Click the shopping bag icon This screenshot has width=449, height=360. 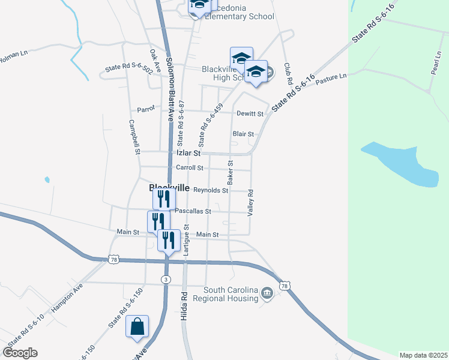[137, 327]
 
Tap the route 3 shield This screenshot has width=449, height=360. [166, 280]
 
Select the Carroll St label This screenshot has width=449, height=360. [190, 168]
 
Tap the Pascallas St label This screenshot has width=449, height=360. [193, 211]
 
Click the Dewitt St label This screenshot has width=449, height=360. [250, 113]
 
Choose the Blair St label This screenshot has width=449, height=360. [243, 134]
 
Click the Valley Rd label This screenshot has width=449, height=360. [252, 203]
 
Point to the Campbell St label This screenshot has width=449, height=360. [135, 134]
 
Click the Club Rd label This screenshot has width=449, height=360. [288, 73]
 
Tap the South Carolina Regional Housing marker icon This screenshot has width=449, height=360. [267, 293]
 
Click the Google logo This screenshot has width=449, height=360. [20, 352]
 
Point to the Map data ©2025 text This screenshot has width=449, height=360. [423, 355]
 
